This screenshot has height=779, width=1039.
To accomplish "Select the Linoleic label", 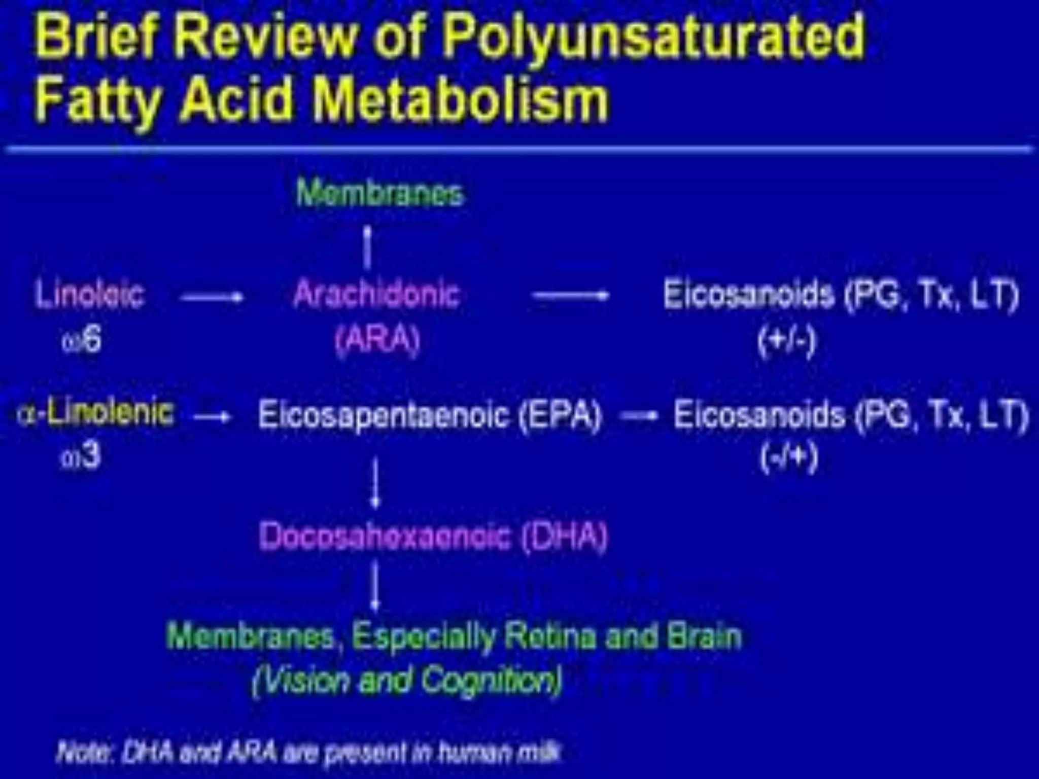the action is pos(90,294).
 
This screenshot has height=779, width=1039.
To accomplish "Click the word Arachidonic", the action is pos(376,294).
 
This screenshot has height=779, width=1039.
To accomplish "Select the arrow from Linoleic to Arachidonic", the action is pos(213,297).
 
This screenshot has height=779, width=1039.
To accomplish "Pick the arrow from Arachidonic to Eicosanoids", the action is pos(570,295).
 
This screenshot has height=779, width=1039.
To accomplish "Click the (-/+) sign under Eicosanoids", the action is pos(789,457).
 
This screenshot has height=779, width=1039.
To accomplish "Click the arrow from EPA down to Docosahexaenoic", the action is pos(375,482).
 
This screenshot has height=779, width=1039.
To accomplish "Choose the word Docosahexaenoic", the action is pos(384,536).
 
